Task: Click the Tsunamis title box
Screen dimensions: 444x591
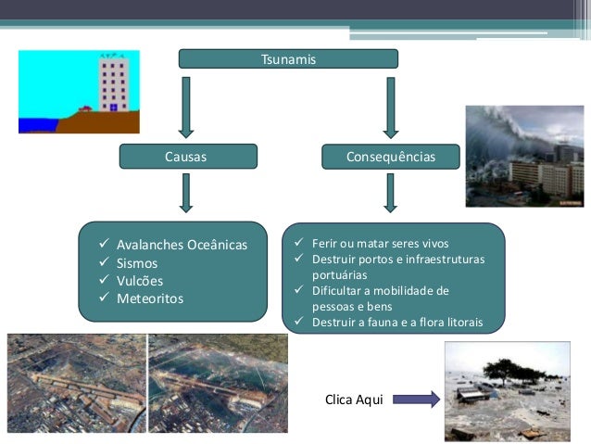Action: click(288, 59)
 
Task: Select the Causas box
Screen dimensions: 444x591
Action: click(188, 158)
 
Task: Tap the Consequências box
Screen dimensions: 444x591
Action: click(390, 158)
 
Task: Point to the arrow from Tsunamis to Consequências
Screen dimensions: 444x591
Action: click(390, 106)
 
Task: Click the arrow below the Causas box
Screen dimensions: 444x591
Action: click(187, 192)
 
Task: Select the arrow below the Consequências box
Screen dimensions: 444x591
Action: click(390, 192)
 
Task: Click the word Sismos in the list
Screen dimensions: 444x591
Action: click(136, 263)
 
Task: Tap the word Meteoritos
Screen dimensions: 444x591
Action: click(149, 298)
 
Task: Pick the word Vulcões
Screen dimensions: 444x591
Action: click(139, 281)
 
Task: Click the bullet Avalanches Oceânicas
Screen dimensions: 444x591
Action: click(182, 246)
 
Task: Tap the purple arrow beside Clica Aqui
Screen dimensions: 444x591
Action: click(415, 400)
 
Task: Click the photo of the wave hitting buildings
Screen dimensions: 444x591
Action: click(524, 156)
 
